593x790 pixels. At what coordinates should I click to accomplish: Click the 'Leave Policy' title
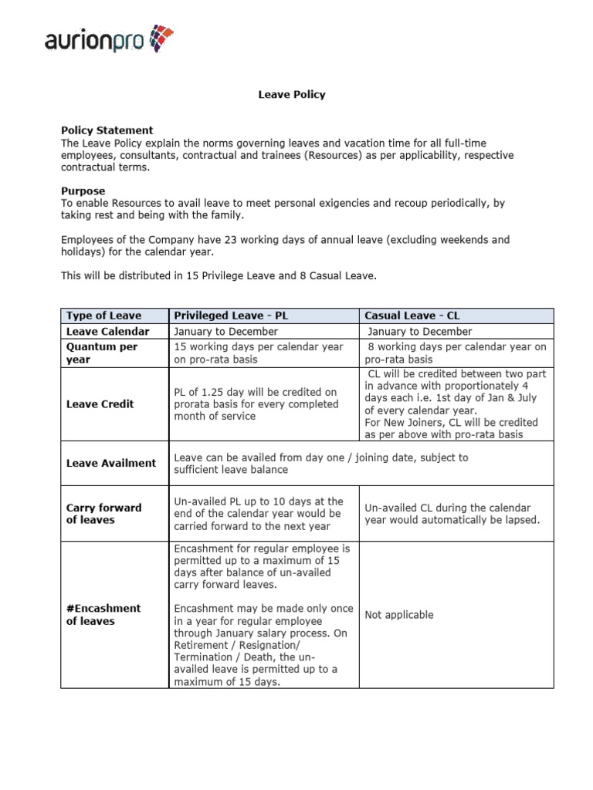tap(291, 94)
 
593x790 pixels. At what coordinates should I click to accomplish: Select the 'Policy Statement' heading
tap(107, 130)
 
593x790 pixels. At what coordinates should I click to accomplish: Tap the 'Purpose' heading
tap(83, 191)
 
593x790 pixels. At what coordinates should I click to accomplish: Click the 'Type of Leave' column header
tap(103, 316)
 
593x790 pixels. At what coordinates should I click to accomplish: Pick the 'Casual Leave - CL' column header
tap(412, 316)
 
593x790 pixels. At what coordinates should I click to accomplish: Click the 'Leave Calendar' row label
tap(107, 331)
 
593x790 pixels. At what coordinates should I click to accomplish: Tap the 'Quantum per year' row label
tap(102, 353)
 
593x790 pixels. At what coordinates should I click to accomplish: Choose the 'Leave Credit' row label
tap(100, 403)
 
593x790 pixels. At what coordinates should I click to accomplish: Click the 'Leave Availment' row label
tap(110, 463)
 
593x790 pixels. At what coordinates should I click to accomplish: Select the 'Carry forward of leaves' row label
tap(103, 513)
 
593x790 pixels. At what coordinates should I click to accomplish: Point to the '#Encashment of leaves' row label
tap(103, 614)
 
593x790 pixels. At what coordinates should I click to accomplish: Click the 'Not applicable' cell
tap(398, 615)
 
